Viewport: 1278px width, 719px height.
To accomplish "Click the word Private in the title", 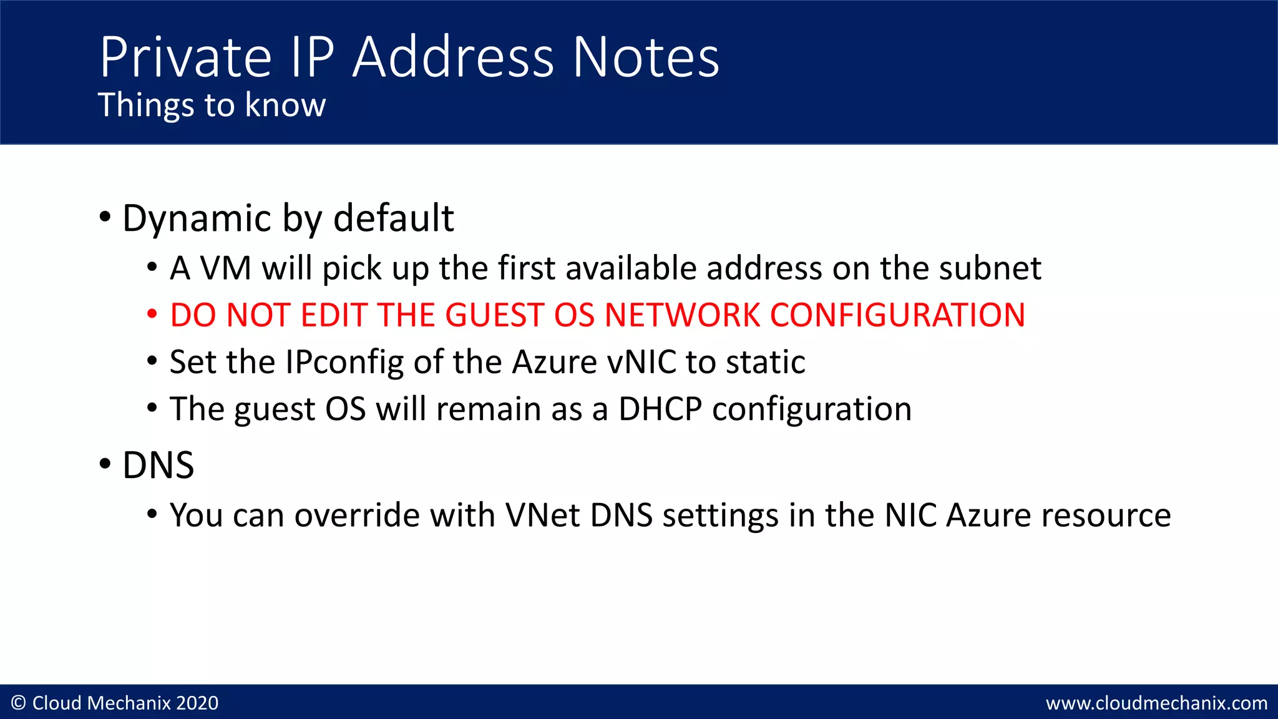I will point(185,57).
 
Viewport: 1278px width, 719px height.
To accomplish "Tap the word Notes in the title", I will point(646,57).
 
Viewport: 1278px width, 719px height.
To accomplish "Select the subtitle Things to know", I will point(212,105).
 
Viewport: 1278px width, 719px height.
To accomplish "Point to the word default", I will point(393,218).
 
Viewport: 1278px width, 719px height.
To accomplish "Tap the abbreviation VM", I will point(225,268).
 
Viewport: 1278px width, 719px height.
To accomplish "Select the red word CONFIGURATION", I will point(897,315).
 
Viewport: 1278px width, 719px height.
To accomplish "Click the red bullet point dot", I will point(152,314).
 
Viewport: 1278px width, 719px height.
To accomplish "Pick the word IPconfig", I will point(344,363).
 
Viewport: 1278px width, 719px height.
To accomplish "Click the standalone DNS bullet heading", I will point(158,466).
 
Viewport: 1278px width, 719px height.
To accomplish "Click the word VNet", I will point(542,516).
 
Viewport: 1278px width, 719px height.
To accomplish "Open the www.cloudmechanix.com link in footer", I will point(1156,703).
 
